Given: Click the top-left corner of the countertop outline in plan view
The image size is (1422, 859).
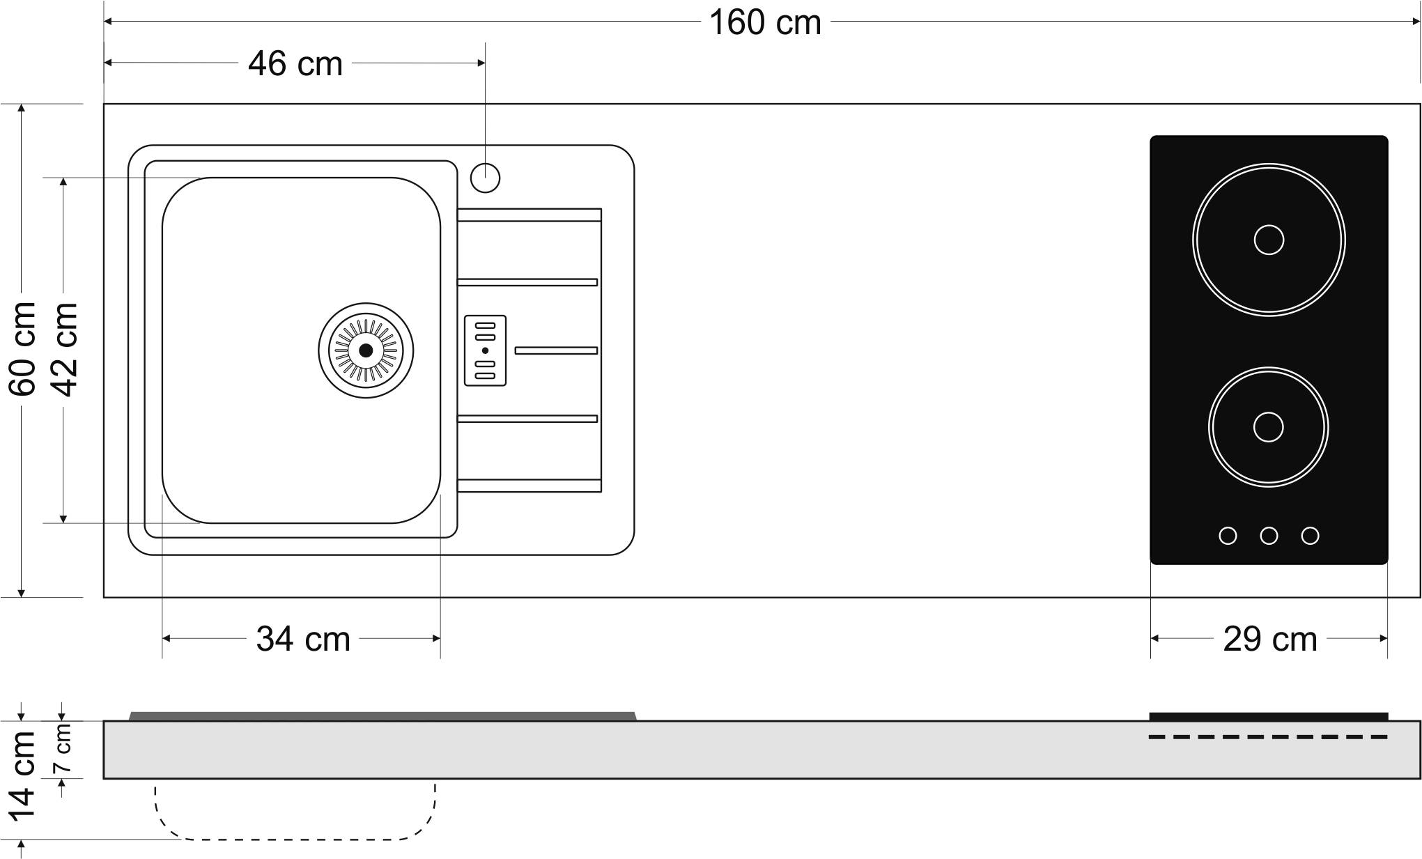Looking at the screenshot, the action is (104, 104).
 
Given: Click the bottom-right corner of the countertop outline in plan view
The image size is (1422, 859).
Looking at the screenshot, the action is (1420, 597).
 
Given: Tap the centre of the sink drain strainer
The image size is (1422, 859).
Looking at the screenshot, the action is (366, 350).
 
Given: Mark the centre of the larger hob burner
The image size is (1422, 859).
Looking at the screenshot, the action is (1269, 240).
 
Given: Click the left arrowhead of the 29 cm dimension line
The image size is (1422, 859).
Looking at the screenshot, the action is (1154, 638).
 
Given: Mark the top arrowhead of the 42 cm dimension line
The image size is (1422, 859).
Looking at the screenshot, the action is (63, 182).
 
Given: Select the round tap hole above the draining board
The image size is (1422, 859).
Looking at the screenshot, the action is (485, 178).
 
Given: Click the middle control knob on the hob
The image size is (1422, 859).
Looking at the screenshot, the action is (1269, 536).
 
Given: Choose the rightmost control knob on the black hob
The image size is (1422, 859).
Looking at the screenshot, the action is (1310, 536).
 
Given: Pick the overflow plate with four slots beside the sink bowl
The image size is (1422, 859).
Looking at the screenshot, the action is (485, 350).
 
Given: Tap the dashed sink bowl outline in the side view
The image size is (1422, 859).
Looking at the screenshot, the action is (294, 839).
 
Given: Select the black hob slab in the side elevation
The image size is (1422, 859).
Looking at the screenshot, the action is (1268, 717).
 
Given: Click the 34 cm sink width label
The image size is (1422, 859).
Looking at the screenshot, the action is (303, 639).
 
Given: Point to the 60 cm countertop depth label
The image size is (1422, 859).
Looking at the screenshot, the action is (23, 349).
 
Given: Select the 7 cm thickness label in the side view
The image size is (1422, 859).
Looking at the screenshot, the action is (63, 748).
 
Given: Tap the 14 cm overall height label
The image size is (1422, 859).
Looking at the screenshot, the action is (22, 775).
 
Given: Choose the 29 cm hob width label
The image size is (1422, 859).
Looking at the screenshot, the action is (1270, 639).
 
